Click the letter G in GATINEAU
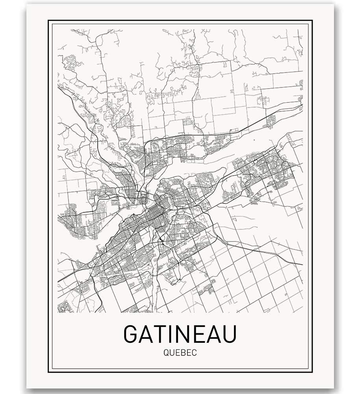pyautogui.click(x=132, y=334)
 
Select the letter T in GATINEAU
pyautogui.click(x=161, y=334)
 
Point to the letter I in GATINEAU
pyautogui.click(x=172, y=334)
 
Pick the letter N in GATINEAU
pyautogui.click(x=183, y=334)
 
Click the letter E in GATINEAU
pyautogui.click(x=198, y=334)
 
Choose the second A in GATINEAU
pyautogui.click(x=212, y=334)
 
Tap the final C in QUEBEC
pyautogui.click(x=193, y=352)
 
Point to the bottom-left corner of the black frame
pyautogui.click(x=49, y=372)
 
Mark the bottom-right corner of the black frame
pyautogui.click(x=312, y=372)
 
